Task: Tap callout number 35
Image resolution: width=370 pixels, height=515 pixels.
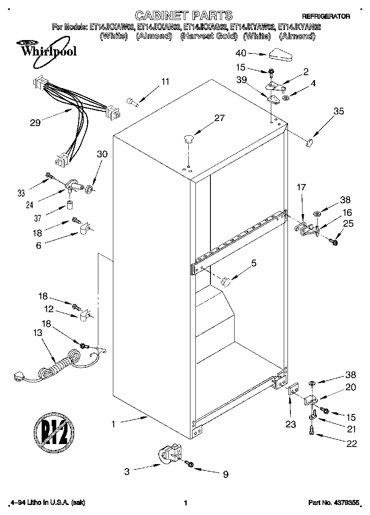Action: tap(339, 111)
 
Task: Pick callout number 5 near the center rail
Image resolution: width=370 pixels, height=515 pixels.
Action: tap(254, 263)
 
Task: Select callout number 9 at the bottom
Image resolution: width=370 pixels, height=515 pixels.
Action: tap(225, 474)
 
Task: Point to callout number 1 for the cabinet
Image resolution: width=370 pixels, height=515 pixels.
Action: tap(113, 424)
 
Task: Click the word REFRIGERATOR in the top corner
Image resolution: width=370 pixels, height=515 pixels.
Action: tap(326, 16)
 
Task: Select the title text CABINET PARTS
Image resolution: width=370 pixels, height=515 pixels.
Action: tap(184, 16)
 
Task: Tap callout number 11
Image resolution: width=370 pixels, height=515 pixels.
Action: tap(165, 82)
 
